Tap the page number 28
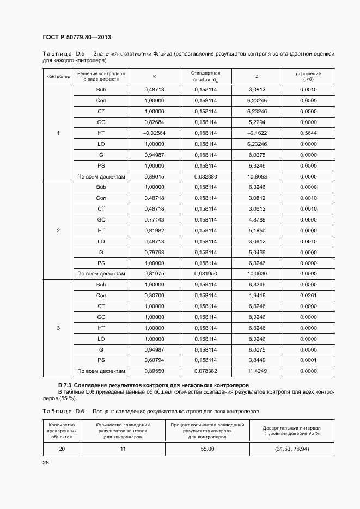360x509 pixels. point(45,462)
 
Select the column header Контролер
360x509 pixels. point(58,77)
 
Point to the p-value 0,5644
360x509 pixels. point(308,133)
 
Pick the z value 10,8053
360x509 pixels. point(257,176)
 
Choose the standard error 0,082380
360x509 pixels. point(205,176)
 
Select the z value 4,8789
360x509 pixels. point(257,219)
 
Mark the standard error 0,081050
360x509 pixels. point(205,274)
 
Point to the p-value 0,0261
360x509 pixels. point(308,296)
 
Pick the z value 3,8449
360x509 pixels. point(257,360)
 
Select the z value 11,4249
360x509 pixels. point(257,371)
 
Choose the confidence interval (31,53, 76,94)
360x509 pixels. point(292,449)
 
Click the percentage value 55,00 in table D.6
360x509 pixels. point(208,449)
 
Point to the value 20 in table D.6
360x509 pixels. point(62,449)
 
